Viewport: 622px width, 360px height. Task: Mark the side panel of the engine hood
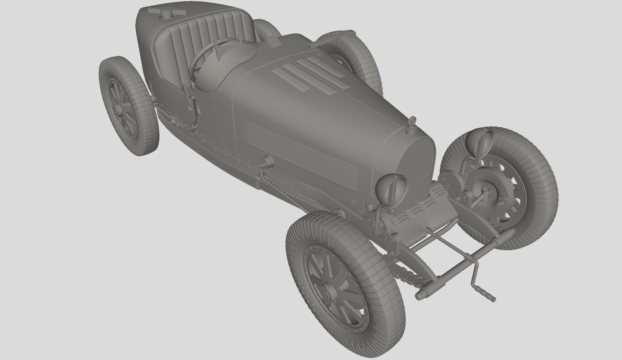point(302,147)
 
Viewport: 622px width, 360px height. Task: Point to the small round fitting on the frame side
point(267,162)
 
